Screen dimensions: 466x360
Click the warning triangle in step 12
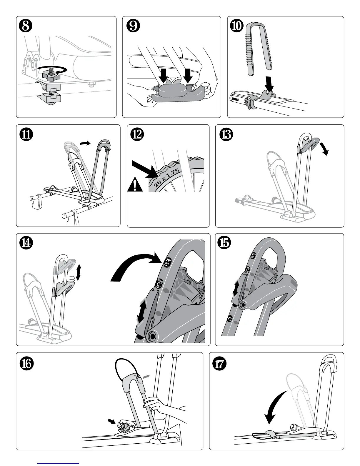click(135, 186)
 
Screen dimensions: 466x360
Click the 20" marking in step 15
click(230, 319)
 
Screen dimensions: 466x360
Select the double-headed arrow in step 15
click(236, 288)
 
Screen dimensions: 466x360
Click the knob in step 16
click(123, 425)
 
